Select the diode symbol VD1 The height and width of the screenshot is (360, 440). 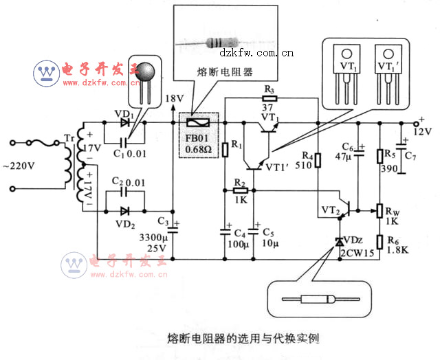tap(124, 122)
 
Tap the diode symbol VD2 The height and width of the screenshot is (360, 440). tap(124, 211)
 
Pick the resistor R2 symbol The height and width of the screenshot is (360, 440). tap(240, 190)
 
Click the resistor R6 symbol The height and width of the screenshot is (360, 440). tap(379, 240)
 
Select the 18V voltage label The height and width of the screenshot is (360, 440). tap(175, 98)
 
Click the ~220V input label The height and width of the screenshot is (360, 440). tap(21, 166)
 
